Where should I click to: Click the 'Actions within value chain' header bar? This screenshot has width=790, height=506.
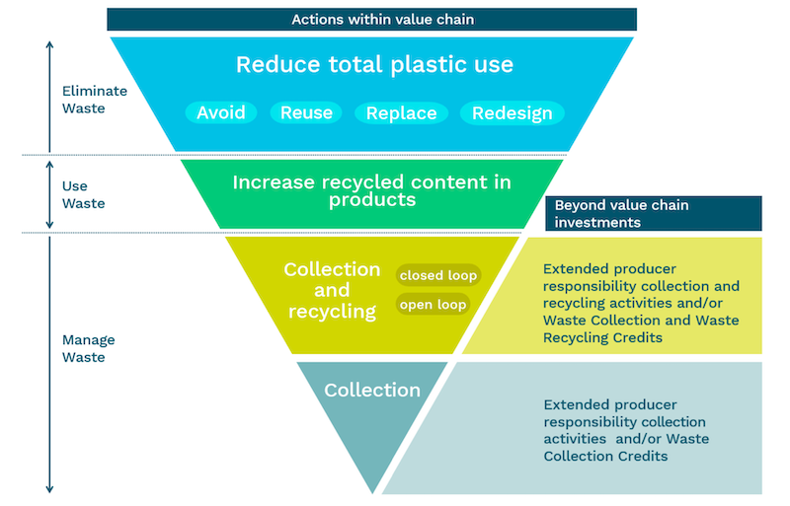[x=371, y=19]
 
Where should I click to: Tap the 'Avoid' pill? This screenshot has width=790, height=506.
[x=220, y=112]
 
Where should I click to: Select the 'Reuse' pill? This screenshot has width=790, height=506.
[x=306, y=112]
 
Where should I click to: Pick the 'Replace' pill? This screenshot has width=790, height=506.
[x=401, y=112]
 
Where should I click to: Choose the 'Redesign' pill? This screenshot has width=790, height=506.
[x=512, y=112]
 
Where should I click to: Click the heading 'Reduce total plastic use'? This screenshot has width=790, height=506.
[x=374, y=65]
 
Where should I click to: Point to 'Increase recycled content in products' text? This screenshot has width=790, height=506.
[x=372, y=190]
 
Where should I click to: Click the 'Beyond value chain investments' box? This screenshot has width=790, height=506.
[x=653, y=213]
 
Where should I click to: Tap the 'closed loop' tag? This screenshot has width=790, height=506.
[x=437, y=275]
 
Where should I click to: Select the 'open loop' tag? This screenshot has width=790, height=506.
[x=433, y=305]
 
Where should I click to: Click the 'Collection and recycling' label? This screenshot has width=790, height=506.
[x=332, y=291]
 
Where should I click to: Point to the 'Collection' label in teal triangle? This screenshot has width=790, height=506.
[x=372, y=390]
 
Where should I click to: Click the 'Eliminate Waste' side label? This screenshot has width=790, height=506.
[x=95, y=100]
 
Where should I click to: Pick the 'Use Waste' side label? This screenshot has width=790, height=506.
[x=83, y=194]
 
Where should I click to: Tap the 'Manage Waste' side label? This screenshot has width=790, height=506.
[x=88, y=348]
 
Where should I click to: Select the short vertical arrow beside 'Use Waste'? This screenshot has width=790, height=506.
[x=49, y=193]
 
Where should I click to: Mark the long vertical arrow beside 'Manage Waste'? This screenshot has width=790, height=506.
[x=49, y=365]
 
